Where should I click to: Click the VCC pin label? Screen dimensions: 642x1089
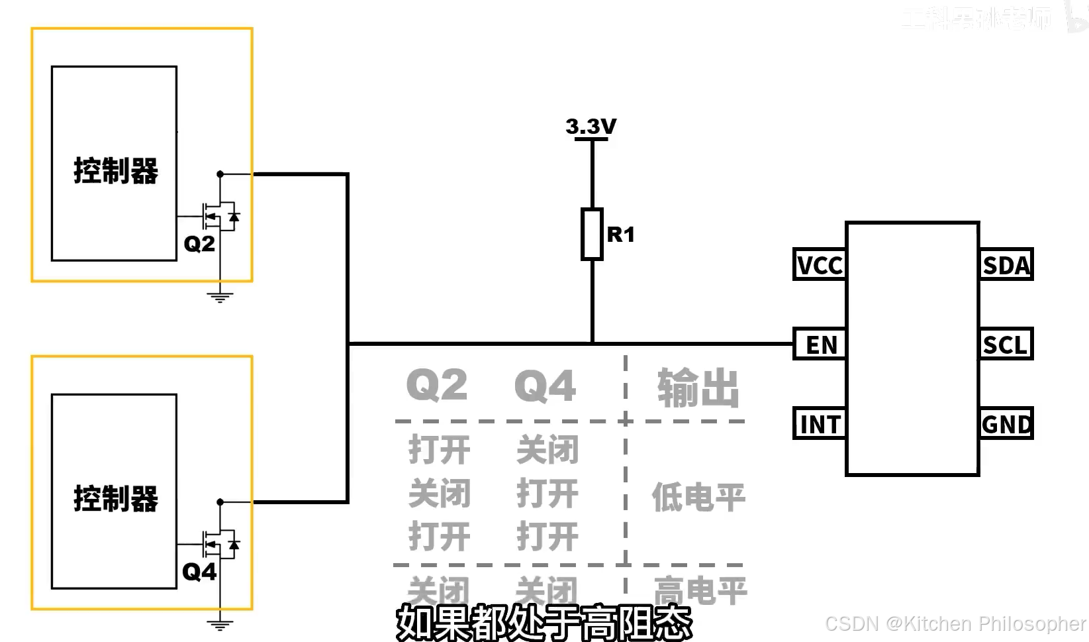(x=820, y=265)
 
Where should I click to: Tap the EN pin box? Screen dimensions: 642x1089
(x=820, y=345)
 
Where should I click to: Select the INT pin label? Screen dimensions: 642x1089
(x=820, y=424)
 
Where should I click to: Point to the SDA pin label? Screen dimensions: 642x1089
(x=1006, y=265)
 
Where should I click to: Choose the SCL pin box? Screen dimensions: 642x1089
(x=1006, y=345)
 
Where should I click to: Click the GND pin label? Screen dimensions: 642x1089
(x=1006, y=424)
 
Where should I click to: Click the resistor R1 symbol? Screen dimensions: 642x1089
(x=592, y=234)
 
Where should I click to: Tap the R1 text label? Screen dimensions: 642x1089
(x=620, y=235)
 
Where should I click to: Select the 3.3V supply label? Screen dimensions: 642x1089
(x=591, y=126)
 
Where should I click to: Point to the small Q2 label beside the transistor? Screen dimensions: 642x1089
(x=199, y=244)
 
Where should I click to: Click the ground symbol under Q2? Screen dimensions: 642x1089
(x=220, y=297)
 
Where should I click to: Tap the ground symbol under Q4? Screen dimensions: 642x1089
(x=220, y=624)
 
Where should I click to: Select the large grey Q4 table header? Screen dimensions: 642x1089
(x=545, y=386)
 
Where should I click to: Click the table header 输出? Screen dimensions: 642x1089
(x=698, y=388)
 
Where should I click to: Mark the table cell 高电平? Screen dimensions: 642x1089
(x=700, y=590)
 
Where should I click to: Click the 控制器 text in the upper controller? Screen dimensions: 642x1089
(x=116, y=171)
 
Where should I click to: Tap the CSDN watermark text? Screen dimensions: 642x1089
(x=955, y=623)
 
